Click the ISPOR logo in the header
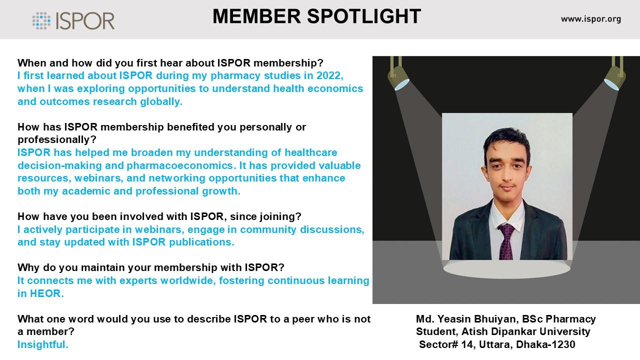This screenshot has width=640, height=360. [x=73, y=20]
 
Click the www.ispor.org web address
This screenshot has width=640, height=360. [x=591, y=19]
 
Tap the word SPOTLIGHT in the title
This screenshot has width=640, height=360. [x=363, y=16]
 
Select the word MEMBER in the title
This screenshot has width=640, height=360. [x=256, y=16]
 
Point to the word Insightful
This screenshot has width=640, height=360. [x=43, y=344]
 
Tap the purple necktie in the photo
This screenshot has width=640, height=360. [x=506, y=241]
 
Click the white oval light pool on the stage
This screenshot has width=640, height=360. [x=506, y=268]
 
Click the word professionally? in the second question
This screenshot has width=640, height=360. [x=57, y=140]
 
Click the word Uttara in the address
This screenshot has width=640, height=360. [x=495, y=344]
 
